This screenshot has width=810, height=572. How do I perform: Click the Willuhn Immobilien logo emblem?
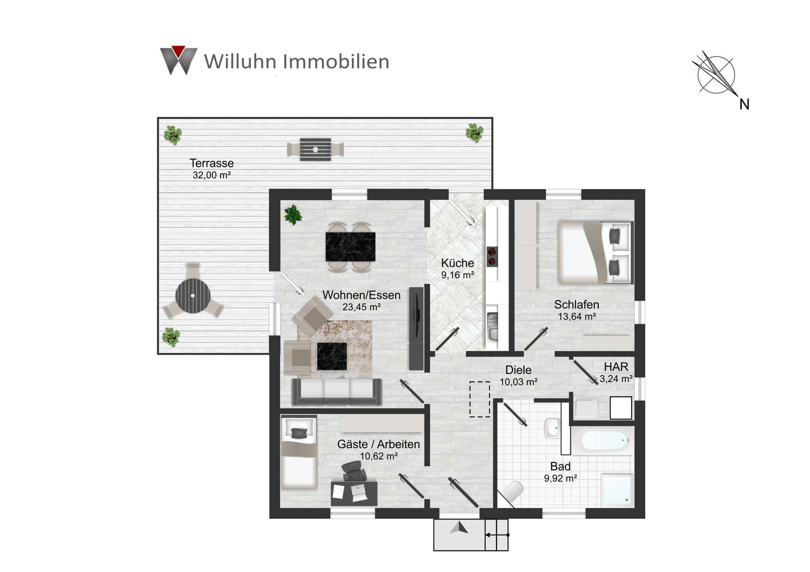(178, 60)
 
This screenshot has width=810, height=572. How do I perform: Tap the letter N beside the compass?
(744, 104)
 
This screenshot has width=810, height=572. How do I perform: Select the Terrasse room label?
(211, 163)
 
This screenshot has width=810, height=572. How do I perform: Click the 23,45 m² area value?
(362, 307)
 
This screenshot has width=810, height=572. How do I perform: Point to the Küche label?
(457, 263)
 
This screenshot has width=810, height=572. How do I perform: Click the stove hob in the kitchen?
(492, 257)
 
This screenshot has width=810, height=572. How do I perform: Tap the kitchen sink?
(492, 327)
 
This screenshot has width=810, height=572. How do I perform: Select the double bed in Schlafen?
(595, 252)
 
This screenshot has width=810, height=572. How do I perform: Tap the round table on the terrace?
(193, 295)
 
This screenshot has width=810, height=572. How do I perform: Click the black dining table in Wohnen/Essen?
(350, 247)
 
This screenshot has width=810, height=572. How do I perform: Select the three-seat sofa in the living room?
(337, 392)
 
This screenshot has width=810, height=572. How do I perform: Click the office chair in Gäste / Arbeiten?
(354, 471)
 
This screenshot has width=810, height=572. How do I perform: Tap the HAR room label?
(616, 367)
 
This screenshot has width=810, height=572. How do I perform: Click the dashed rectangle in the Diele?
(480, 399)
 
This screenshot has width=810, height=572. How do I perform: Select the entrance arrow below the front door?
(459, 528)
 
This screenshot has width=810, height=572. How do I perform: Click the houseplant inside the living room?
(293, 215)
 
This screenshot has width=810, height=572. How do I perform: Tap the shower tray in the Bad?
(617, 489)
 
